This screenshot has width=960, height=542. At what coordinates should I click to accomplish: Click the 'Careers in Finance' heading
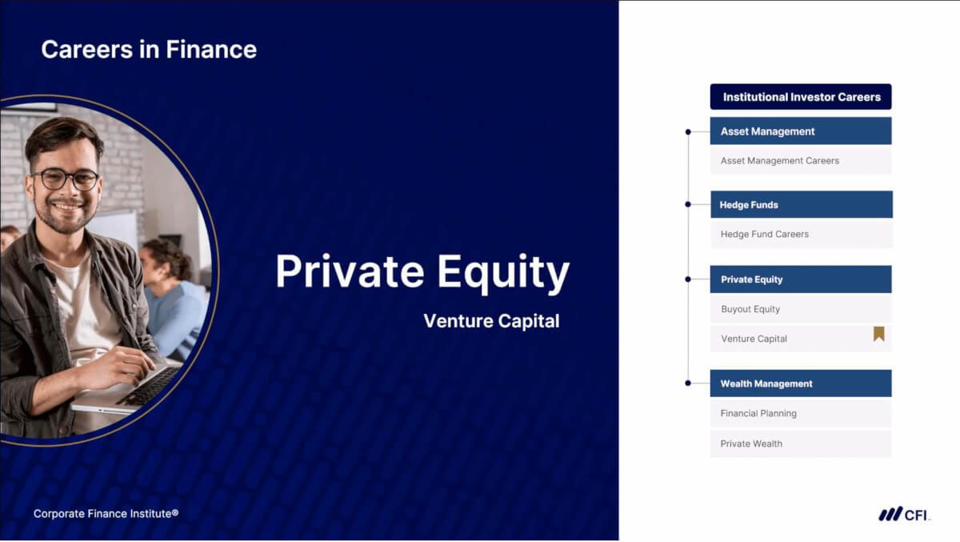(149, 50)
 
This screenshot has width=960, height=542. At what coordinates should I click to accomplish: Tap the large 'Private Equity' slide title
(422, 272)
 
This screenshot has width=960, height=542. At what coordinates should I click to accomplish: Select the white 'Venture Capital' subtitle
(491, 321)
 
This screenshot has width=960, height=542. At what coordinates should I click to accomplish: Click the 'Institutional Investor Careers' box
(801, 97)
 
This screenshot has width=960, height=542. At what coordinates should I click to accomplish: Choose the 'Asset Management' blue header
(801, 131)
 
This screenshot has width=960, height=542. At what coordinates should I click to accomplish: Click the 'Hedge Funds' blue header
(802, 204)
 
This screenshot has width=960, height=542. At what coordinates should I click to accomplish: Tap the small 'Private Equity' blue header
(801, 279)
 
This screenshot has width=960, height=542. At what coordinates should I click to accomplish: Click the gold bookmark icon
(879, 334)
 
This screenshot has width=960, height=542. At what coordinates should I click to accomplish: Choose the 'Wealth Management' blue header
(801, 383)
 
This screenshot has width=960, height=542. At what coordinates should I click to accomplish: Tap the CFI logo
(904, 514)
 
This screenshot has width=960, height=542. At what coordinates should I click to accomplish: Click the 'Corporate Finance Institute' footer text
(106, 514)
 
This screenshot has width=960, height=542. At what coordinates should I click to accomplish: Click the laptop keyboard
(150, 385)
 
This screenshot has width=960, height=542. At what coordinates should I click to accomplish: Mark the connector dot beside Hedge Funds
(688, 204)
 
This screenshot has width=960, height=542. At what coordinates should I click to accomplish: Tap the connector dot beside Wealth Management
(688, 383)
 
